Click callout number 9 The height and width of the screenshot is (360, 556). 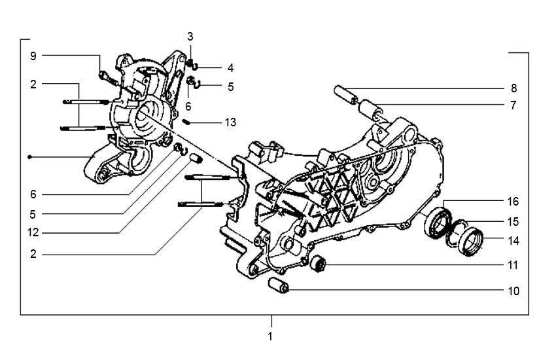tap(33, 56)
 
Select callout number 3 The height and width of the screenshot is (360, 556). tap(190, 36)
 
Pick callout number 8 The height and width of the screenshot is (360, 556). tap(513, 88)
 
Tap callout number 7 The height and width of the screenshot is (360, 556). tap(513, 105)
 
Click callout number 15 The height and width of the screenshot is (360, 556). tap(515, 221)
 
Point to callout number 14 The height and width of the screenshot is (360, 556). tap(515, 241)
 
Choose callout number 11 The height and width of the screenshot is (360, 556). tap(515, 266)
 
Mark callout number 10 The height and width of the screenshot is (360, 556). tap(515, 290)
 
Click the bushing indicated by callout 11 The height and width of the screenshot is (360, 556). tap(319, 264)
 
